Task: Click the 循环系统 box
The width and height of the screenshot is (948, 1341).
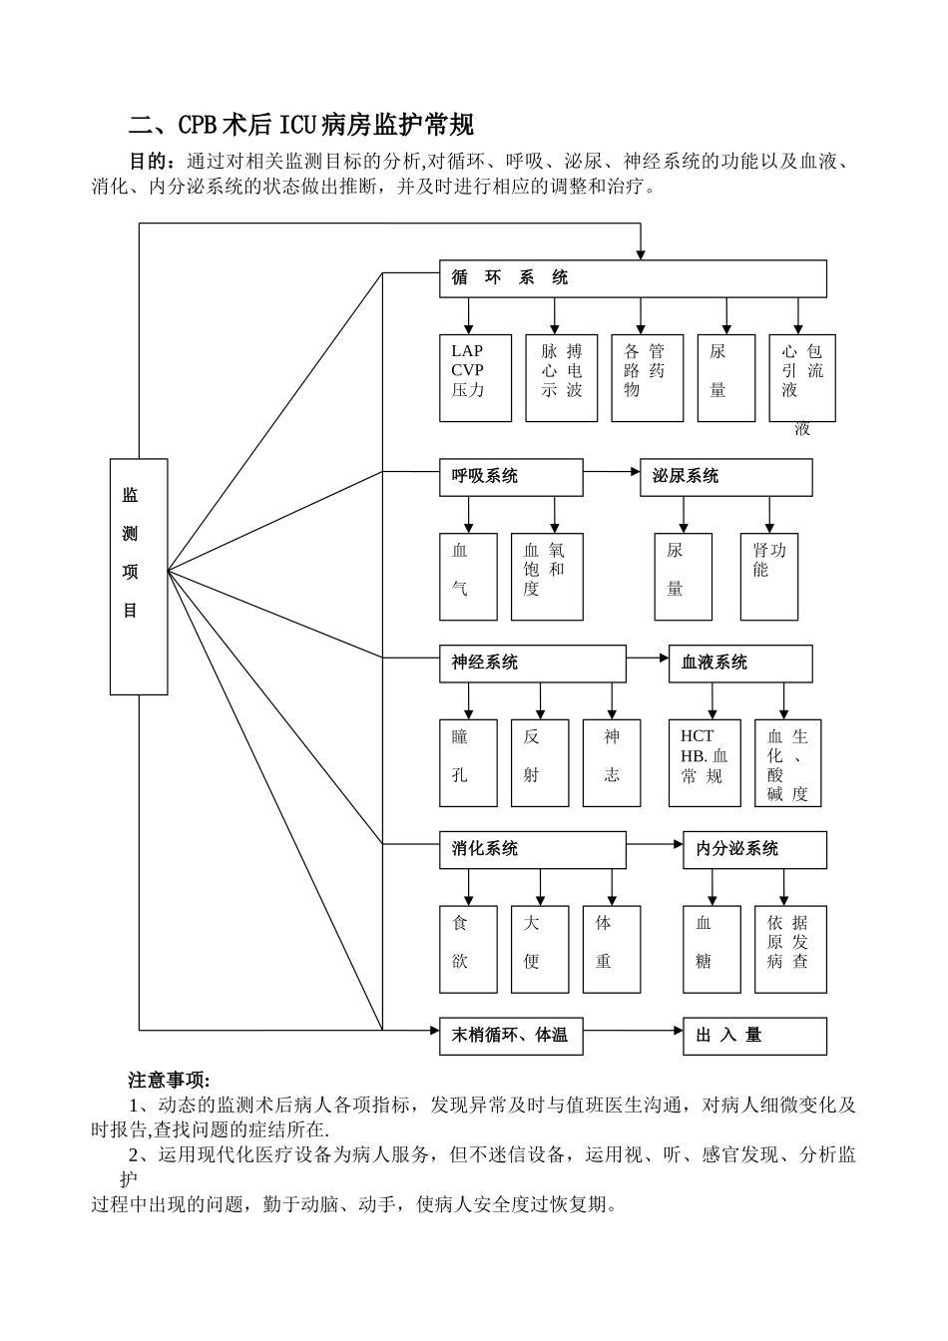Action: pyautogui.click(x=633, y=278)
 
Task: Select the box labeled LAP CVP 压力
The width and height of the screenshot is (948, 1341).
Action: pyautogui.click(x=475, y=377)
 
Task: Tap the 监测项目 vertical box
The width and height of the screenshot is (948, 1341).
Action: pyautogui.click(x=139, y=576)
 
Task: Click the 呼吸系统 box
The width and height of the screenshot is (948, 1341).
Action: pyautogui.click(x=511, y=477)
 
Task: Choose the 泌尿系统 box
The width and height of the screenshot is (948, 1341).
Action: pyautogui.click(x=725, y=477)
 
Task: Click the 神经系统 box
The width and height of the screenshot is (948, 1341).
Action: pyautogui.click(x=533, y=664)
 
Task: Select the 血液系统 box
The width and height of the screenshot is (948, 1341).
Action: pyautogui.click(x=739, y=664)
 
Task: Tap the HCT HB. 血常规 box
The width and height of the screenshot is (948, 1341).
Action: pyautogui.click(x=705, y=762)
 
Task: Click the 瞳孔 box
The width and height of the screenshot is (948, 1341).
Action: pyautogui.click(x=468, y=762)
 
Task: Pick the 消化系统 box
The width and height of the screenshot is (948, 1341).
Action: pyautogui.click(x=533, y=849)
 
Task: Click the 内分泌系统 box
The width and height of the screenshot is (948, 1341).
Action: pyautogui.click(x=754, y=849)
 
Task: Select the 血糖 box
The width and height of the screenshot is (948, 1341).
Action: pyautogui.click(x=711, y=949)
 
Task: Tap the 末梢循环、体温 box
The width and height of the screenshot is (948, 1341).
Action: pyautogui.click(x=511, y=1036)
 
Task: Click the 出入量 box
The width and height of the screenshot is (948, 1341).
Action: pyautogui.click(x=754, y=1036)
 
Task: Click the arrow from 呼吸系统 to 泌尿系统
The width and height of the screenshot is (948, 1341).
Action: pyautogui.click(x=612, y=470)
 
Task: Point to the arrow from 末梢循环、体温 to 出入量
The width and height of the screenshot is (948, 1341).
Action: pyautogui.click(x=633, y=1029)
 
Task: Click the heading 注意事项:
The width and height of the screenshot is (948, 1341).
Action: pyautogui.click(x=169, y=1080)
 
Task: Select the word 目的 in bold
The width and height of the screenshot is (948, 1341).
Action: pyautogui.click(x=150, y=161)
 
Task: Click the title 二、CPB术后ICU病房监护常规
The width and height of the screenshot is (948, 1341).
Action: pyautogui.click(x=301, y=125)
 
